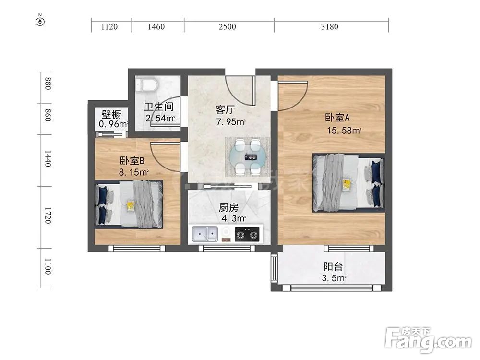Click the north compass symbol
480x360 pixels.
tap(41, 21)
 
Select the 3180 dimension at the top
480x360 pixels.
tap(329, 27)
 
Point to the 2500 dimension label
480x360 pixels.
tap(227, 27)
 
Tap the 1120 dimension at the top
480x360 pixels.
tap(109, 27)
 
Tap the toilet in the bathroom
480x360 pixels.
tap(146, 85)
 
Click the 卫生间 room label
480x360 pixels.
tap(159, 107)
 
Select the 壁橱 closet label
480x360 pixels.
tap(111, 115)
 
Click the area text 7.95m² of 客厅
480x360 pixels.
tap(231, 122)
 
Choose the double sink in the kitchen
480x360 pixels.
tap(205, 234)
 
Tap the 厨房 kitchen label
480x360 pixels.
tap(228, 208)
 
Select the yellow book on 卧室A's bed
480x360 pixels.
tap(346, 183)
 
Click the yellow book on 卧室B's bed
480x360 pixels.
tap(130, 205)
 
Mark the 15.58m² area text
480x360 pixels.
tap(343, 130)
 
